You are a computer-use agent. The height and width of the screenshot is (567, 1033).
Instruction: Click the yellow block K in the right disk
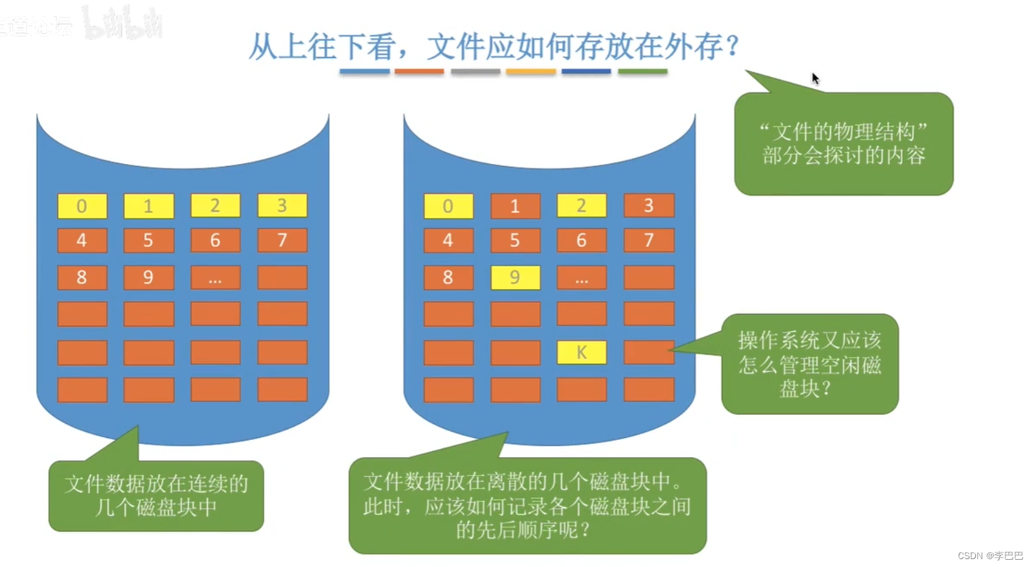coord(582,352)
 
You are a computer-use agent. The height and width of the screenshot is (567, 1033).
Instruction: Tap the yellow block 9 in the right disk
coord(515,277)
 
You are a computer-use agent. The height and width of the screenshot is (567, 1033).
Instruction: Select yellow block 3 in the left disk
coord(282,205)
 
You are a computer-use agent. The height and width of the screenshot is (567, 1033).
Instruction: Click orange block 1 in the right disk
coord(515,206)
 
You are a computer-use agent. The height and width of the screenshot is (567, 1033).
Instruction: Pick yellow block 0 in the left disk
coord(82,206)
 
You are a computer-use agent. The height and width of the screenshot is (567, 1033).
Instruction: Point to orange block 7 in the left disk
coord(282,240)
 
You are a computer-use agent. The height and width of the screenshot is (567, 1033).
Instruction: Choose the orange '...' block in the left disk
coord(215,278)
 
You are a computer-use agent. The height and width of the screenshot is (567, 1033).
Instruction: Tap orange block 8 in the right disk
coord(448,277)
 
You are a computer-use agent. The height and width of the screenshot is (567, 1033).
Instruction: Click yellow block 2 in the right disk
coord(582,205)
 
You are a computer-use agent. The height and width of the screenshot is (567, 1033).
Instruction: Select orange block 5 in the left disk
coord(149,240)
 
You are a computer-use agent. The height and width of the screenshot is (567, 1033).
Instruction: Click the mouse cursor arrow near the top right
coord(815,78)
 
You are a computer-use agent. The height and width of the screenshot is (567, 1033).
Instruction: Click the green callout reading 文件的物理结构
coord(844,144)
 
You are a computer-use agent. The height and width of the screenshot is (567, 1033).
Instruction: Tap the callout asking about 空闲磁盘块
coord(809,364)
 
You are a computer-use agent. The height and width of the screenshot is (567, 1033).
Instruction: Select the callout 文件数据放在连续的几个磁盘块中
coord(156,496)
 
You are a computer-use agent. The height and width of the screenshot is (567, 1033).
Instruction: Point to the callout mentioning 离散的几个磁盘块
coord(527,505)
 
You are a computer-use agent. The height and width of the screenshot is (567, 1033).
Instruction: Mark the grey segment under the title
coord(476,71)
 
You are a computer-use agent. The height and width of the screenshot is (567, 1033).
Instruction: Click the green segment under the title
coord(642,71)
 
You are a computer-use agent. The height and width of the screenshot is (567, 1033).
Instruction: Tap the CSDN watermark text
coord(990,556)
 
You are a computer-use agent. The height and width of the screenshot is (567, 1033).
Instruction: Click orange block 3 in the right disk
coord(649,205)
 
